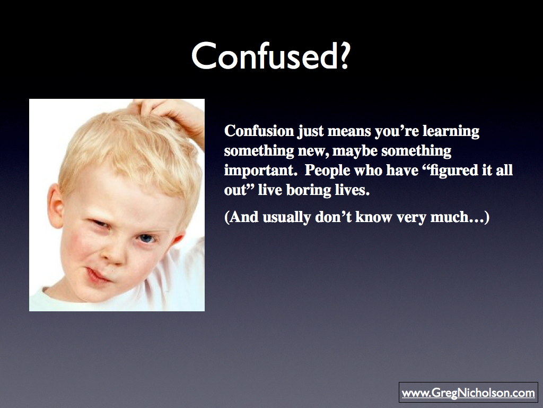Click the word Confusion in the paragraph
coord(259,131)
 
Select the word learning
coord(451,132)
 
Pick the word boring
coord(309,191)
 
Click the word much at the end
coord(449,217)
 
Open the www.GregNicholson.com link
coord(468,393)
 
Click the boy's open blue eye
coord(146,239)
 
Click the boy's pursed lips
coord(97,276)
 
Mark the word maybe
coord(355,151)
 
